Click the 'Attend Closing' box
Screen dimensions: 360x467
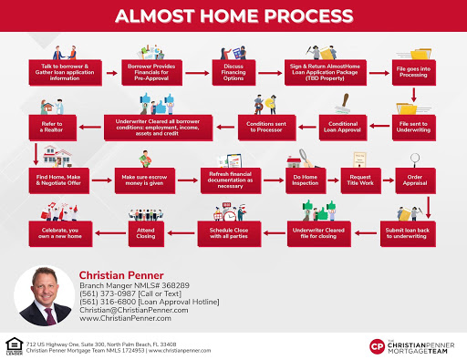(x=151, y=230)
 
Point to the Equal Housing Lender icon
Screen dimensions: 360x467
(x=12, y=346)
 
